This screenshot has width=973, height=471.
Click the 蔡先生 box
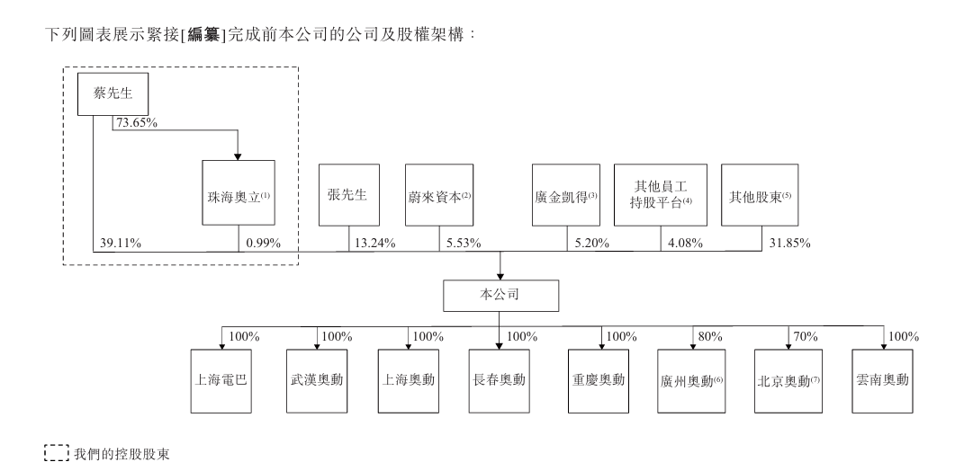coord(113,94)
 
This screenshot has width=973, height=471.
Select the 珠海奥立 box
coord(239,192)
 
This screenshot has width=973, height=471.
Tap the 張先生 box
coord(348,194)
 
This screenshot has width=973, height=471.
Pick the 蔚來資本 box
coord(438,194)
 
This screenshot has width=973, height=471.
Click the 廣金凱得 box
coord(566,194)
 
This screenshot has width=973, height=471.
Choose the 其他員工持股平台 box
coord(661,194)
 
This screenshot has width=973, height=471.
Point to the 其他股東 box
coord(760,194)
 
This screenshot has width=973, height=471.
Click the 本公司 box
coord(500,296)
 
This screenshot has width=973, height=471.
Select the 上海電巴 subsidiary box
coord(221,381)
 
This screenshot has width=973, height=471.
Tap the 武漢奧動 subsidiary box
coord(317,381)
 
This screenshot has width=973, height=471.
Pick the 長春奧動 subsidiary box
coord(499,381)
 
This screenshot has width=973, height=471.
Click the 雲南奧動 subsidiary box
coord(882,381)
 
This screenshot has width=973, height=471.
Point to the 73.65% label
coord(137,123)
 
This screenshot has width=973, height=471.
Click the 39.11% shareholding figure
coord(121,244)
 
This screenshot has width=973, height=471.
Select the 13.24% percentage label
coord(374,244)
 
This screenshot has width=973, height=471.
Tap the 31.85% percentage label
coord(790,244)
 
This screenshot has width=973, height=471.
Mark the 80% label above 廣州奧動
coord(710,337)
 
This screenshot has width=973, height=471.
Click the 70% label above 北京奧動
coord(806,337)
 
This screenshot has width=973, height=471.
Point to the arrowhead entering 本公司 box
coord(500,276)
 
